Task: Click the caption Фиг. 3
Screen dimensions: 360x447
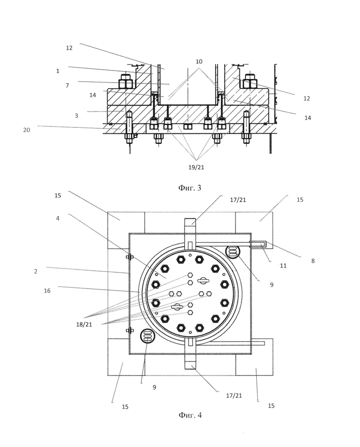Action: [190, 188]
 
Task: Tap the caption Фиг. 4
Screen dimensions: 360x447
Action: [190, 415]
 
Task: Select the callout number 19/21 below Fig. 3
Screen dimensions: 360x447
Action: [196, 167]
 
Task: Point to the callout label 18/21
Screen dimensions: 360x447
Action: [84, 324]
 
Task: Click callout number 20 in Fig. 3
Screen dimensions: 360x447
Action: [26, 130]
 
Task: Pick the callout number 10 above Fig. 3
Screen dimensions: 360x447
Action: [199, 61]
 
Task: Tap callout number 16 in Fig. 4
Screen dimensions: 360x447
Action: [47, 291]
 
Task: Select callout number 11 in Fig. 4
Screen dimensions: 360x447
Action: [283, 266]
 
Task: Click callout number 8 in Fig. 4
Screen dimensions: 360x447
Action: [313, 261]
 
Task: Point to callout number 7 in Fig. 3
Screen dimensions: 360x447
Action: [67, 85]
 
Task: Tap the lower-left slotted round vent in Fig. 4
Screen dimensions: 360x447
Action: [147, 336]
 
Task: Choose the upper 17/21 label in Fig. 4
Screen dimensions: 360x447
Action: [238, 200]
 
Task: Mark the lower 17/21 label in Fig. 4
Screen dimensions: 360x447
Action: [234, 395]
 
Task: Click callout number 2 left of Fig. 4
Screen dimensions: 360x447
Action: [36, 271]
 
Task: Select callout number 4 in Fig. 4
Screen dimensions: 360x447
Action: [58, 219]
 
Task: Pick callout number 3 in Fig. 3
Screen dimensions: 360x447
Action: [77, 116]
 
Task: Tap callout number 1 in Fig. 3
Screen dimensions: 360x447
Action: [58, 71]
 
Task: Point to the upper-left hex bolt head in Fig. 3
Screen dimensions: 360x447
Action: [126, 81]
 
